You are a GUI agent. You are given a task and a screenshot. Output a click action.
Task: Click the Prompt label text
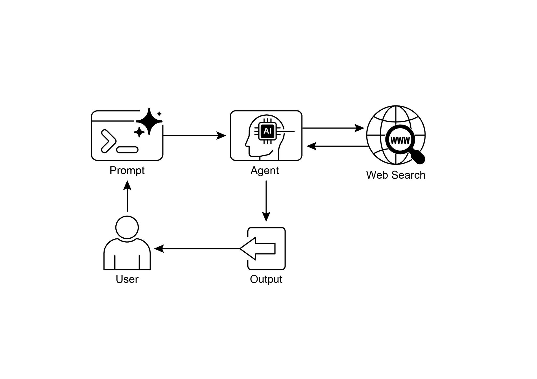coord(127,171)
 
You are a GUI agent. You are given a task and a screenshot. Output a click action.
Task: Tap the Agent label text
coord(265,171)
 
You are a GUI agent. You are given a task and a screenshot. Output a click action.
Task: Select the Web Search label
coord(395,175)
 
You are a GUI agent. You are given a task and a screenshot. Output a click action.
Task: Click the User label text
coord(127,279)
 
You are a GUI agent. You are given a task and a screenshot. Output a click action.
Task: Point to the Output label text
coord(266,279)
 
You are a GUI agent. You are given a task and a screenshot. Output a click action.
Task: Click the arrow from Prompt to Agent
coord(194,136)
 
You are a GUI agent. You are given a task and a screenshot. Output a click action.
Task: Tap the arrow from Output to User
coord(197,248)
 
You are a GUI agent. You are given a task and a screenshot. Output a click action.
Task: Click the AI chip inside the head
coord(267,131)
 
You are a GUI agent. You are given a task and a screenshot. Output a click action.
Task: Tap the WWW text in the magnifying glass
coord(400,141)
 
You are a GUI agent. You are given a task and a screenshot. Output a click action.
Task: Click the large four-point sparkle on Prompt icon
coord(149,121)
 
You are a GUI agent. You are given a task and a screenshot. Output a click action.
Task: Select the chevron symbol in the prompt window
coord(108,141)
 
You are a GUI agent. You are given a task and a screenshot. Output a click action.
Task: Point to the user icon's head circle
coord(127,227)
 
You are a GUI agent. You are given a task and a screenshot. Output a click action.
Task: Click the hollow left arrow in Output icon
coord(258,248)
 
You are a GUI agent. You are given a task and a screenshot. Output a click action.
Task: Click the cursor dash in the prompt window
coord(127,150)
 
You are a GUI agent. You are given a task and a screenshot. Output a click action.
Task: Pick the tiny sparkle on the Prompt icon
coord(159,114)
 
